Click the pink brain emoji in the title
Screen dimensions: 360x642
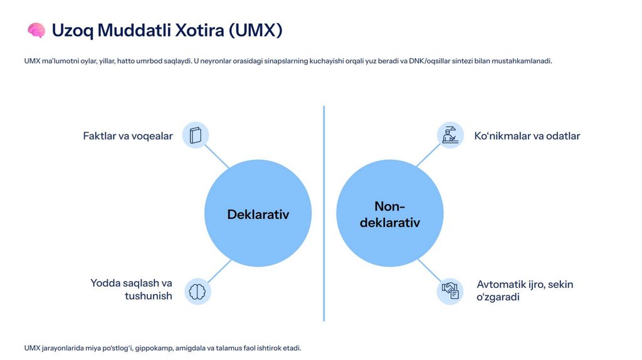(36, 30)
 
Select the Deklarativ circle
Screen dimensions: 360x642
(258, 214)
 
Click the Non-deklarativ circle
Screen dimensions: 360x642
(390, 214)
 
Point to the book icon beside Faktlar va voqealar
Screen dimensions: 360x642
(196, 135)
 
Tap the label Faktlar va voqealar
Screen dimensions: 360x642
(128, 136)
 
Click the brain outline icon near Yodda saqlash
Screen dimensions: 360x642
(198, 292)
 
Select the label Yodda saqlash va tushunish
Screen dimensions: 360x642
(131, 290)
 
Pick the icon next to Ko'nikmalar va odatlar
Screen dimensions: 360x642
(450, 135)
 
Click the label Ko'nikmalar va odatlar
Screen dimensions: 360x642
(527, 136)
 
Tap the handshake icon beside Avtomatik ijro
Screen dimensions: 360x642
(450, 291)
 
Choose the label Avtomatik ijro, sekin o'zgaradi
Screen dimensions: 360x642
(525, 290)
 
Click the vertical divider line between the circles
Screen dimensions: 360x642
(324, 213)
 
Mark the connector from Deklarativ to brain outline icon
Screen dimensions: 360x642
(219, 270)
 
